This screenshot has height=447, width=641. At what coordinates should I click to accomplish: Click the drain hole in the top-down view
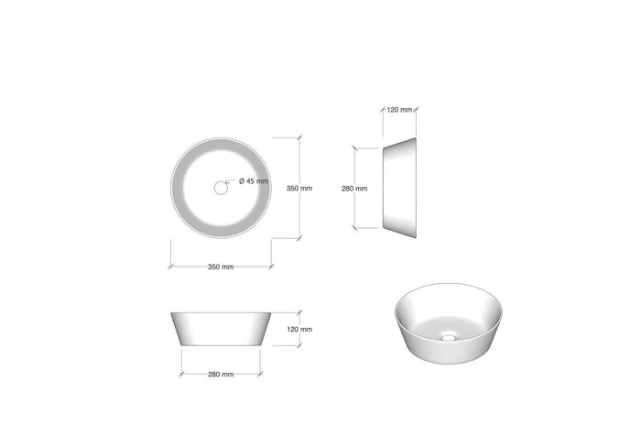coord(221,188)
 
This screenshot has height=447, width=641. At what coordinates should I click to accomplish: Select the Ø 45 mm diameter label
coord(254,181)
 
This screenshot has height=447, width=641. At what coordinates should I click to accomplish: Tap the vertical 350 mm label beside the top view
coord(299,189)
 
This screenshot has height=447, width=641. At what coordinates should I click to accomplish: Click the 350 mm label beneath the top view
coord(220,267)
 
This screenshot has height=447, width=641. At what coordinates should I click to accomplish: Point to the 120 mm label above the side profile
coord(399,110)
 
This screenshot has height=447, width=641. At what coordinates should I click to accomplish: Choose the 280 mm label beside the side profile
coord(353,189)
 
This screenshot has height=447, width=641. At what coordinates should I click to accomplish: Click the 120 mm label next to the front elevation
coord(299,329)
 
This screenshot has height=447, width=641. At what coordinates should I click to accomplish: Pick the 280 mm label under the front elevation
coord(220,374)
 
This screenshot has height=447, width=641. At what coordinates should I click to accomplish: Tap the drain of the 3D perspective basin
coord(448,337)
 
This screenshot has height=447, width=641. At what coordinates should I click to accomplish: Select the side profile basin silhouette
coord(399,188)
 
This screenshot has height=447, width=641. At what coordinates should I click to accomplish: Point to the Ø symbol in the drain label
coord(242,181)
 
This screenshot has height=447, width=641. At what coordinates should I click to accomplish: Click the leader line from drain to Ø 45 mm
coord(230,182)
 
